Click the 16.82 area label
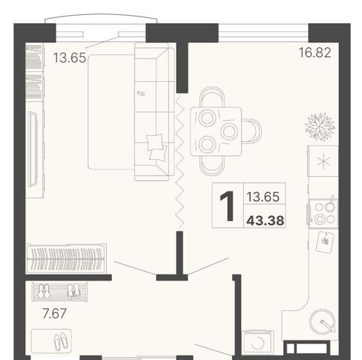tap(315, 52)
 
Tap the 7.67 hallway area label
tap(55, 313)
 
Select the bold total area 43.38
tap(265, 220)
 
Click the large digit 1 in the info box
tap(228, 206)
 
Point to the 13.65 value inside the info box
tap(263, 196)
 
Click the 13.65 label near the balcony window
tap(70, 58)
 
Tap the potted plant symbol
tap(320, 127)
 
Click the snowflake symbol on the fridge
tap(324, 161)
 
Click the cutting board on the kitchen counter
tap(325, 242)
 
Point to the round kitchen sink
tap(322, 322)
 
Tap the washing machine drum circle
tap(258, 343)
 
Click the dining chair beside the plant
tap(252, 130)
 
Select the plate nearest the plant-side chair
tap(229, 131)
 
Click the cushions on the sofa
tap(157, 146)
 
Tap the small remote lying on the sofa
tap(140, 94)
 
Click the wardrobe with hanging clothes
tap(66, 258)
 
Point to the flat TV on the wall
tap(33, 149)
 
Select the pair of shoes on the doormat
tap(61, 341)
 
